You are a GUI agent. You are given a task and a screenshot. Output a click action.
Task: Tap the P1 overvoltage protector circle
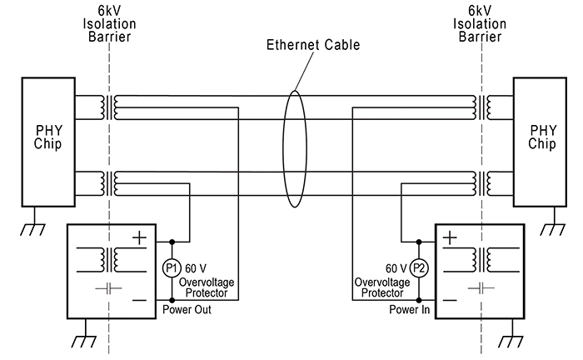pos(172,267)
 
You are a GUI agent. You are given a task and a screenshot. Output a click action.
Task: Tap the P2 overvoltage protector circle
pos(419,267)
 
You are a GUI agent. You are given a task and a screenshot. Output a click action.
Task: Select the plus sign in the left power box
pos(139,237)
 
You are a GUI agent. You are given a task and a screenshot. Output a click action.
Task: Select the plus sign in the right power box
pos(451,237)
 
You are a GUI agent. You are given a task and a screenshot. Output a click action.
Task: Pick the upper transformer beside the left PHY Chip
pos(108,105)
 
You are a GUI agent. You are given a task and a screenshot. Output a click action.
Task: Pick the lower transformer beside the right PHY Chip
pos(481,179)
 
